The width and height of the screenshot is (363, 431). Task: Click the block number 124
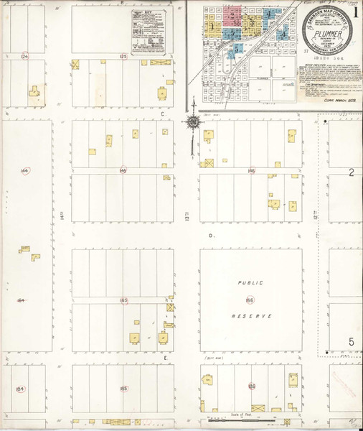[x=25, y=55]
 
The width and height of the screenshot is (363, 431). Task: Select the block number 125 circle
[x=123, y=55]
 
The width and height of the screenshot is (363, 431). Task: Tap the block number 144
[x=25, y=171]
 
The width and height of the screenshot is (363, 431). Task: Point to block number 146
[x=251, y=171]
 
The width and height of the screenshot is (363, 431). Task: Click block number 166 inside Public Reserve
[x=250, y=299]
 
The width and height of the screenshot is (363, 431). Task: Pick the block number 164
[x=21, y=300]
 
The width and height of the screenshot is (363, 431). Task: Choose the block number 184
[x=20, y=389]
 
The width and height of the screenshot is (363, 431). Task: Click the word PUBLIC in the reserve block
[x=250, y=284]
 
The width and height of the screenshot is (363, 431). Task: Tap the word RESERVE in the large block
[x=250, y=316]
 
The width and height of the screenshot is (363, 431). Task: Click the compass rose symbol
[x=193, y=123]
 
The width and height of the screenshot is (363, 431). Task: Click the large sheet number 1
[x=356, y=13]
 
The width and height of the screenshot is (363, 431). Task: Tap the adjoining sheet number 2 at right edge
[x=352, y=172]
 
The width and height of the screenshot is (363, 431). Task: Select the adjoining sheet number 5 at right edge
[x=352, y=341]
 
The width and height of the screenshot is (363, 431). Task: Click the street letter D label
[x=211, y=236]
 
